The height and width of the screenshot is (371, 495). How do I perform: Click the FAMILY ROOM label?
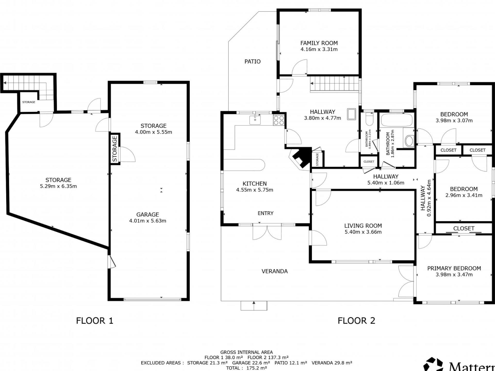tap(319, 43)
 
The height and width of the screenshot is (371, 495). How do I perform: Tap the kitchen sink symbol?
tap(255, 120)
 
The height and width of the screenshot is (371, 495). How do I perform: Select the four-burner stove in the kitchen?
tap(279, 120)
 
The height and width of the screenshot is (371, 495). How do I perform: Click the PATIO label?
tap(252, 61)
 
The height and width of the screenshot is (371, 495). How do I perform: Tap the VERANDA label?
tap(275, 271)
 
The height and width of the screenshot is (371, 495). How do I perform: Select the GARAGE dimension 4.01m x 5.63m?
tap(147, 221)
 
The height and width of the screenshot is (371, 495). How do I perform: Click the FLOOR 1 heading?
tap(95, 321)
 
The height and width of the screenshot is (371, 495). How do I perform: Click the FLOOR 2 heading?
tap(356, 321)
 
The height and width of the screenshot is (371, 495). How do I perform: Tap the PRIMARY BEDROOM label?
tap(454, 268)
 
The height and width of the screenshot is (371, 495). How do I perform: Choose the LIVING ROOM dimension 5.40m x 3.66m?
tap(363, 232)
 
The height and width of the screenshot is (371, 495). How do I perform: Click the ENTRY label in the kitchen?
tap(265, 213)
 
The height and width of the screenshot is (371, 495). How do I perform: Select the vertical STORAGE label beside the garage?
tap(115, 149)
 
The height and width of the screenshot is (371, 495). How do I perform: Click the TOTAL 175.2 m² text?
tap(246, 368)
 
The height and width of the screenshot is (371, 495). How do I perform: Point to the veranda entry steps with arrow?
tap(254, 306)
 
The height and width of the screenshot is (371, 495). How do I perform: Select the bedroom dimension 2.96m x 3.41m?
tap(464, 195)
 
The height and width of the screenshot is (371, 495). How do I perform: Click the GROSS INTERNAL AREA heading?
tap(246, 352)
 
